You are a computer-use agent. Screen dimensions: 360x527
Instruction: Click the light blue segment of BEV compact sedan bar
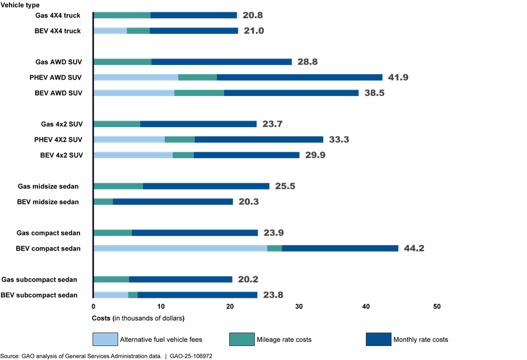[x=180, y=248]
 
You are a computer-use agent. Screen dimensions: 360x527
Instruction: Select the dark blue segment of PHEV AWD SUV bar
[x=299, y=77]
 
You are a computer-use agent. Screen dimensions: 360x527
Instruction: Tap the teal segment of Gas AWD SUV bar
[x=122, y=61]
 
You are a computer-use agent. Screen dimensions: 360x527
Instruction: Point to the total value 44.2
[x=414, y=248]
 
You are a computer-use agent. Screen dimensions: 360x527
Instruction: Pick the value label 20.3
[x=248, y=201]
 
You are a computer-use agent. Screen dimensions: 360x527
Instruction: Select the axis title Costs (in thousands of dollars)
[x=138, y=318]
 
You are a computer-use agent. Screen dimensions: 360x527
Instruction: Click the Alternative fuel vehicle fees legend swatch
[x=104, y=340]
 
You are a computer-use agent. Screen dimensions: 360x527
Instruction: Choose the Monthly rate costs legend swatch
[x=377, y=340]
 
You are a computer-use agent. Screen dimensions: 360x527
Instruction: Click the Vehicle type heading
[x=20, y=5]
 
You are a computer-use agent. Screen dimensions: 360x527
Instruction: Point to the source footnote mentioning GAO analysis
[x=106, y=356]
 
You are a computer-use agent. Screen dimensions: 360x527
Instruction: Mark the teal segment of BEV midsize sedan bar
[x=103, y=201]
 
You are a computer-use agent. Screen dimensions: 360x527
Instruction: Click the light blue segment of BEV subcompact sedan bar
[x=111, y=294]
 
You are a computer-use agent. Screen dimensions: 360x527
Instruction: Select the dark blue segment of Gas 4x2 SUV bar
[x=199, y=124]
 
